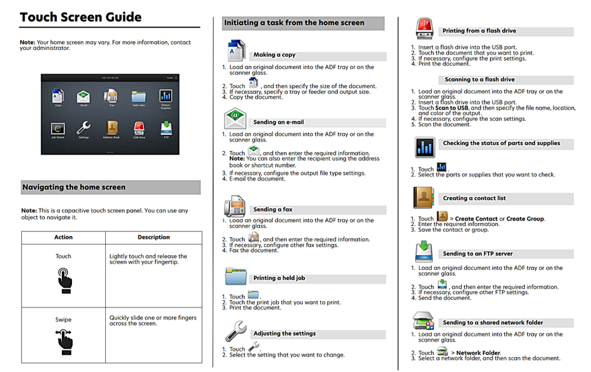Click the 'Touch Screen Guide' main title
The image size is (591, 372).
tap(80, 17)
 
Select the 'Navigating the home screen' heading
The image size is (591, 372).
tap(74, 187)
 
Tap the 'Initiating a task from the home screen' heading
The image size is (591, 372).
tap(294, 23)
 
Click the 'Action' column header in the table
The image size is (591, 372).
tap(64, 237)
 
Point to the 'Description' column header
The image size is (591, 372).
tap(154, 237)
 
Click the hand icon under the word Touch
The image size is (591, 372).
tap(64, 280)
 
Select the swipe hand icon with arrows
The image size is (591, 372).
tap(64, 341)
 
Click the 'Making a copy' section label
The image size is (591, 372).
tap(274, 55)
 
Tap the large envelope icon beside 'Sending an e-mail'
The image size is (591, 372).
tap(235, 118)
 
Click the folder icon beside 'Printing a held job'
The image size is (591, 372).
tap(236, 276)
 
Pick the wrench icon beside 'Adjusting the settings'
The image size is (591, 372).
tap(235, 331)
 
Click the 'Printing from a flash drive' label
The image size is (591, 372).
tap(479, 31)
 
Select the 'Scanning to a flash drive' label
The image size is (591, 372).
tap(480, 80)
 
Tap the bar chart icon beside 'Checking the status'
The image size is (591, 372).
tap(425, 147)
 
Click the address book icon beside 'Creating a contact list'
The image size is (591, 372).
tap(424, 198)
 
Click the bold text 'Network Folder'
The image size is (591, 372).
tap(478, 353)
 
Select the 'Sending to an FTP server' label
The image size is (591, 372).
tap(477, 254)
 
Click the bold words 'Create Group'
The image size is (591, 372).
tap(525, 219)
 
